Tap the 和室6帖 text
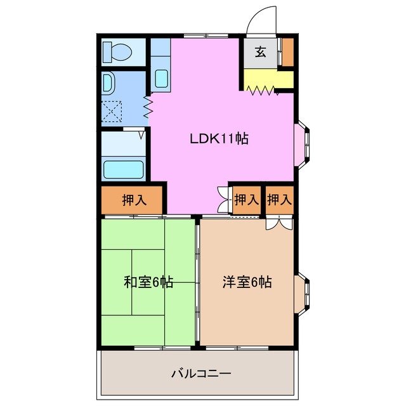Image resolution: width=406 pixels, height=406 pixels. pyautogui.click(x=149, y=282)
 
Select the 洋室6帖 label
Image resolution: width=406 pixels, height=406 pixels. pyautogui.click(x=247, y=282)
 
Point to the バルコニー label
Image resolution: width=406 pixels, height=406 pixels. pyautogui.click(x=196, y=373)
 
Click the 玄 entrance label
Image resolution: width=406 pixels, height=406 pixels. pyautogui.click(x=260, y=53)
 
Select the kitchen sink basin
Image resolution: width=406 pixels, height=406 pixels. pyautogui.click(x=161, y=79)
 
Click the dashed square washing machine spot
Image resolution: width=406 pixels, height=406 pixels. pyautogui.click(x=112, y=112)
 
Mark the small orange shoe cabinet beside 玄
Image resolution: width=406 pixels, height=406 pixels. pyautogui.click(x=287, y=53)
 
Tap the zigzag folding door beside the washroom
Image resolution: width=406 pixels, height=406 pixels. pyautogui.click(x=148, y=107)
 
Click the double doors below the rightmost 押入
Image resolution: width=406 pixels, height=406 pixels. pyautogui.click(x=279, y=222)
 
